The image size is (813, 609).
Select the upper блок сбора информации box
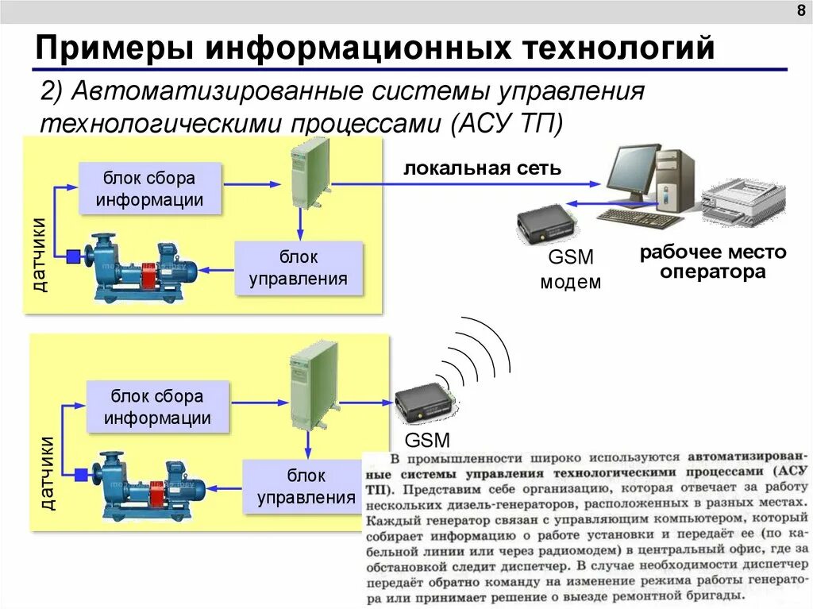click(149, 189)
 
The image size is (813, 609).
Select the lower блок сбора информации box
click(157, 407)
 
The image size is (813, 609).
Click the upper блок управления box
click(299, 268)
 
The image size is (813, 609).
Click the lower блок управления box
click(306, 486)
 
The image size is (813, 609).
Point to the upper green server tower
click(309, 172)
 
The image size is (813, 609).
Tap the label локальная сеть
click(483, 168)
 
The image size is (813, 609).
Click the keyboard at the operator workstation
click(640, 218)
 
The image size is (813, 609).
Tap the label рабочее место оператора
click(713, 262)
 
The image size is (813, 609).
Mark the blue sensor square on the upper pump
click(74, 256)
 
